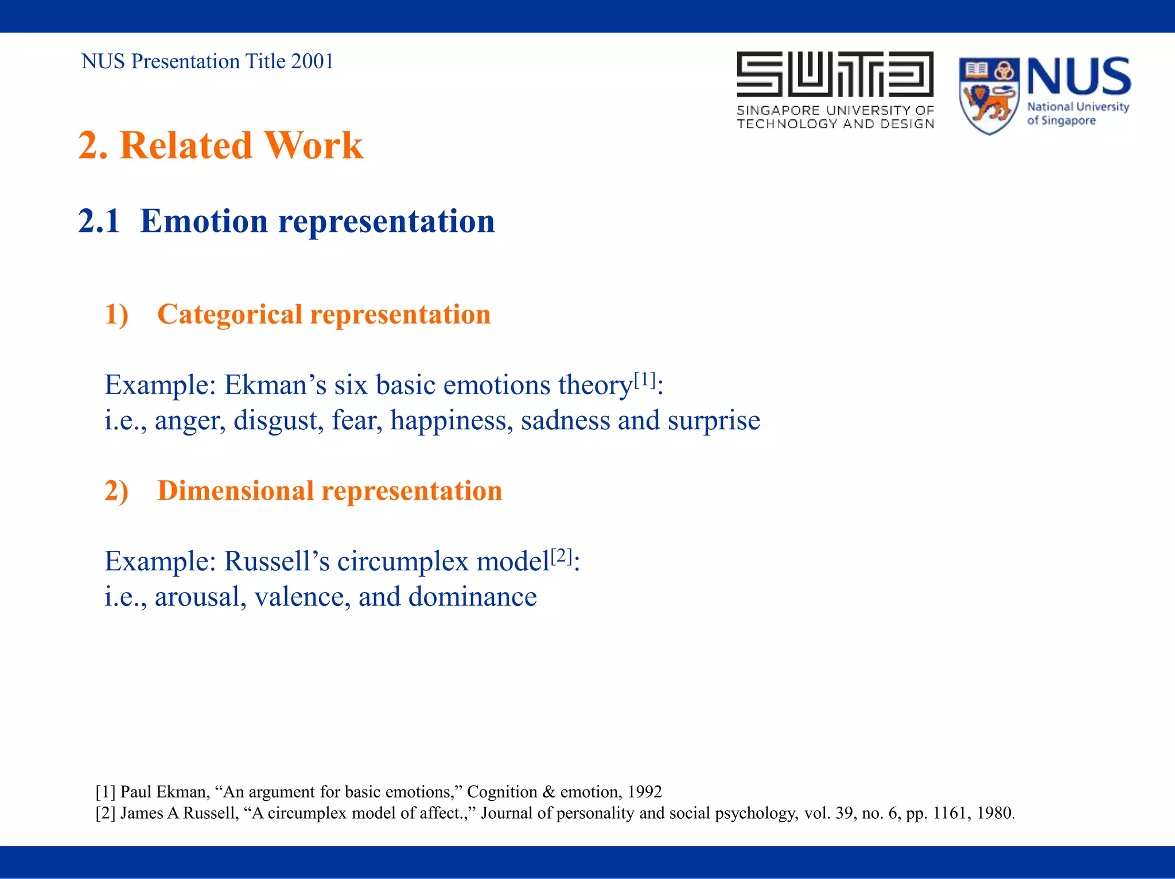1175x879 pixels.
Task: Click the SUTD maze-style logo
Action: point(835,74)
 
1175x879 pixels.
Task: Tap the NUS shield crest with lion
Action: point(989,96)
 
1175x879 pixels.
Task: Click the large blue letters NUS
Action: point(1079,77)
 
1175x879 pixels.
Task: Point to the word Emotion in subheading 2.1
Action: point(204,221)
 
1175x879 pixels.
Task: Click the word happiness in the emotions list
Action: point(452,421)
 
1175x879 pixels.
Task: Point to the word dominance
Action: point(472,597)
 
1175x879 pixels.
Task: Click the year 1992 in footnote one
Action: point(644,792)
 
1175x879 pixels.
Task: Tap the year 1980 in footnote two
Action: point(994,813)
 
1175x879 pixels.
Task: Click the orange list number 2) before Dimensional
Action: point(116,491)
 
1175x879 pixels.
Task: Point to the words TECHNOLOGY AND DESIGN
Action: point(835,124)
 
